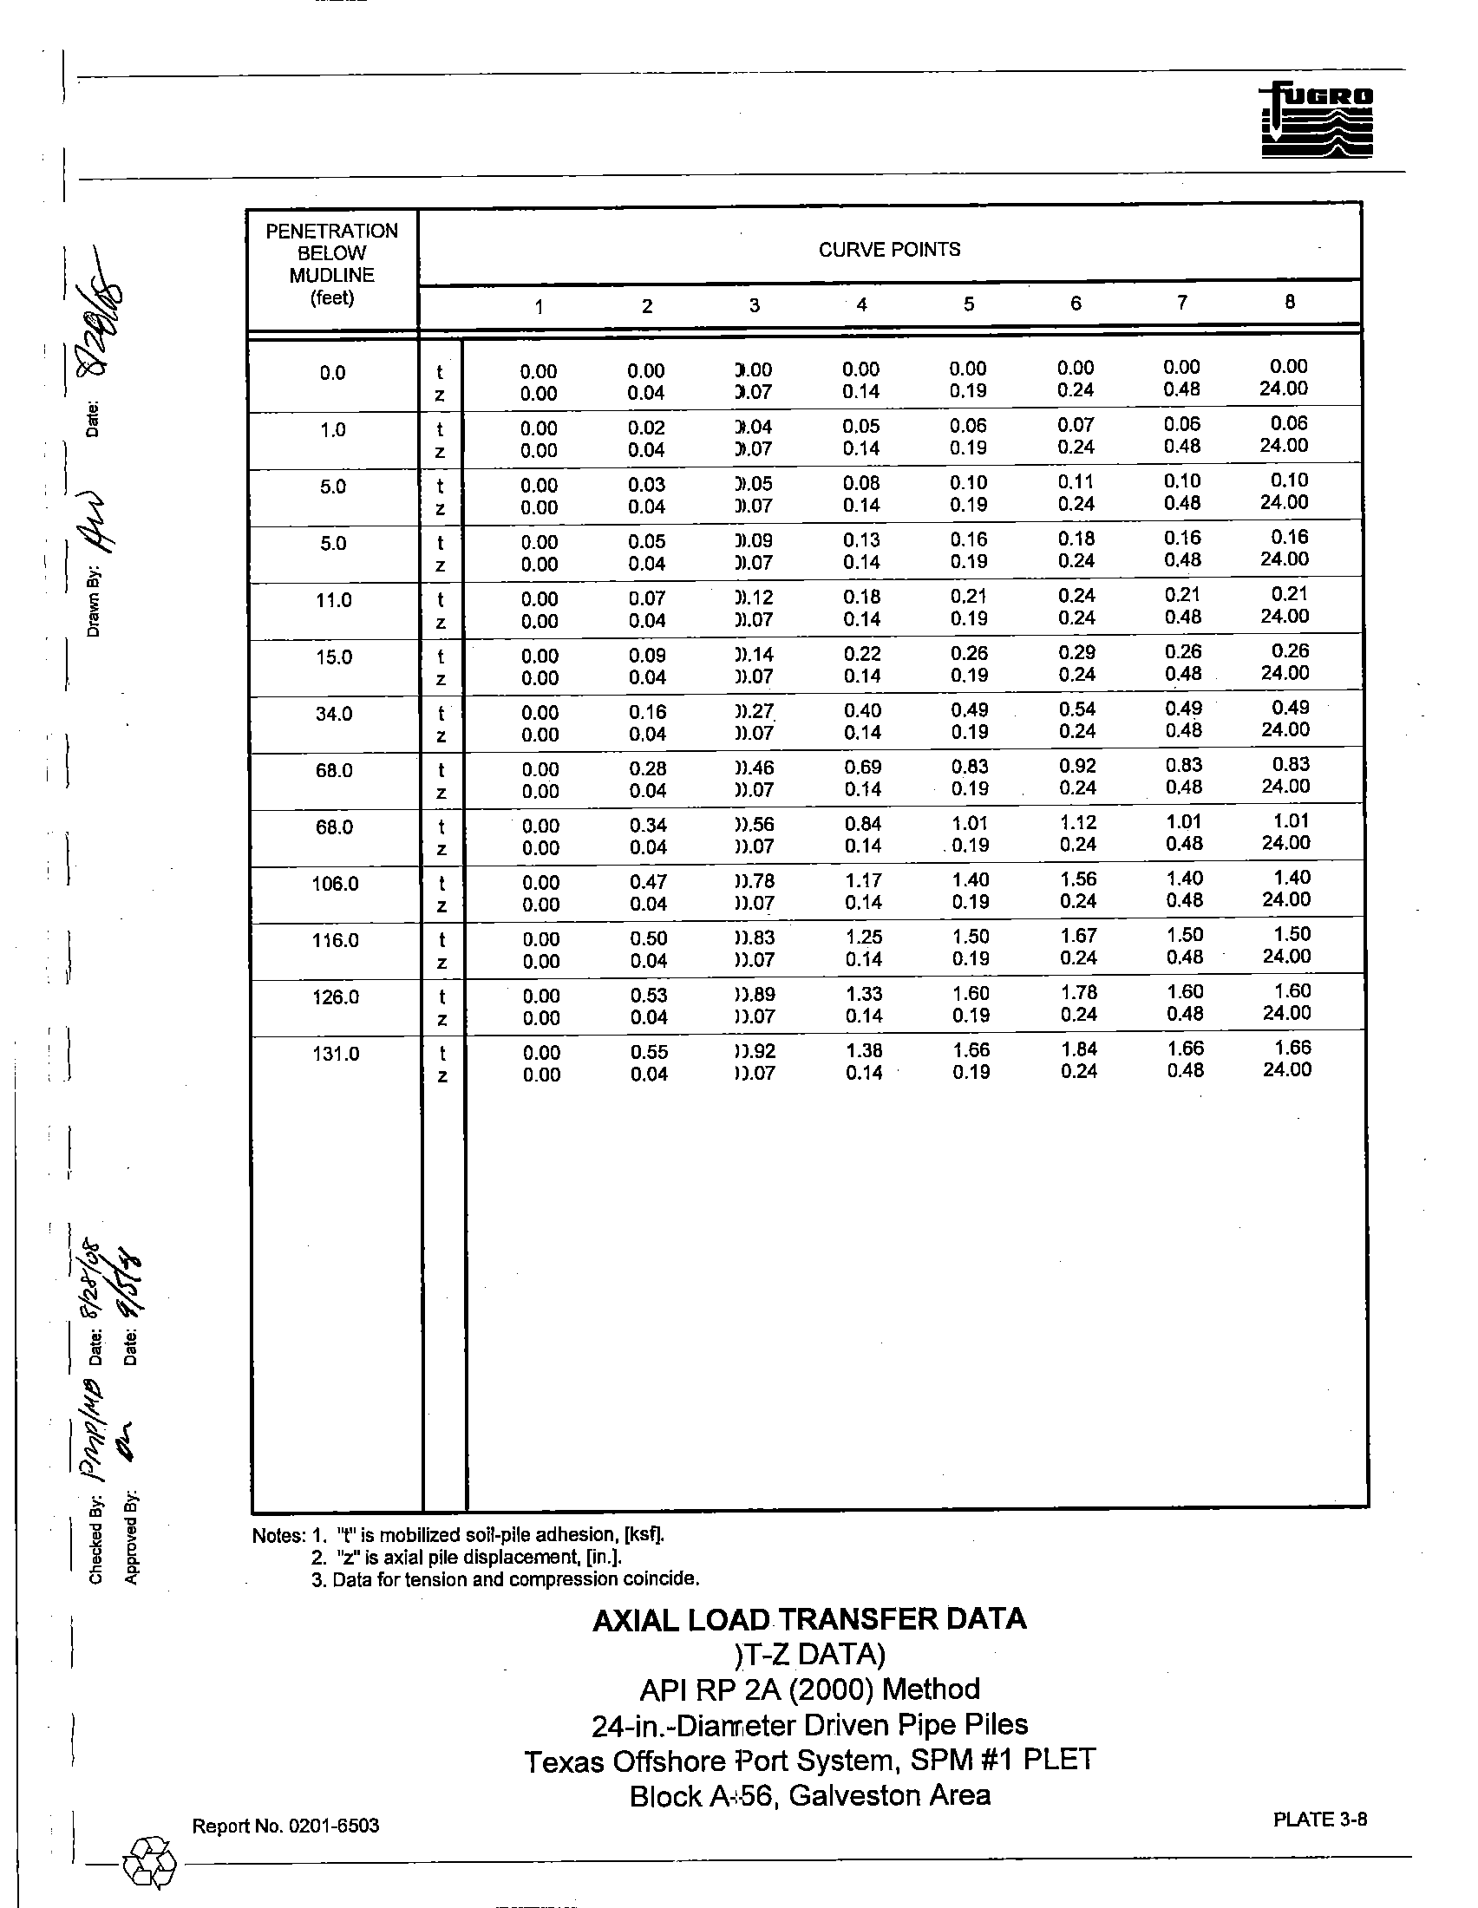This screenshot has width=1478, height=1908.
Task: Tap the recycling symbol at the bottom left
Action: (150, 1862)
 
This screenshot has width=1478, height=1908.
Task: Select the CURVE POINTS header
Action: (888, 250)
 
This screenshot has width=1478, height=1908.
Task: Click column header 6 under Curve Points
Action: (1076, 304)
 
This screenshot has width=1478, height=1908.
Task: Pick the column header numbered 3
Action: (754, 305)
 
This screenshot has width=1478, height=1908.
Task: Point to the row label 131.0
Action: (336, 1054)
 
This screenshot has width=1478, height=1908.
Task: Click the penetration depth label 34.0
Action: (334, 714)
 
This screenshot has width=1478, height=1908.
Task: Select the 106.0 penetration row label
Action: (335, 883)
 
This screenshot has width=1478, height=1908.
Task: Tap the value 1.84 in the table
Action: (1079, 1049)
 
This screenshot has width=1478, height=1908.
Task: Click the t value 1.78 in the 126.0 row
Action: (1079, 992)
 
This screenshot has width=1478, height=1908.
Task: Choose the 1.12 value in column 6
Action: (1077, 822)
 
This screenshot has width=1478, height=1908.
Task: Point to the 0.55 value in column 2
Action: (648, 1052)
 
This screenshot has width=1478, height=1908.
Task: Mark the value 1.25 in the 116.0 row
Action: (864, 937)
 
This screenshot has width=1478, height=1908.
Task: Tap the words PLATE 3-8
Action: (1319, 1820)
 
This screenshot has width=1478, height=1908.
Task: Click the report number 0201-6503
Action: (324, 1826)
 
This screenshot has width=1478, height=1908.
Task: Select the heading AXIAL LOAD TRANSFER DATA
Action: (809, 1619)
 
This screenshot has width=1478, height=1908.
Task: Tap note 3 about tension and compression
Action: (505, 1579)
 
